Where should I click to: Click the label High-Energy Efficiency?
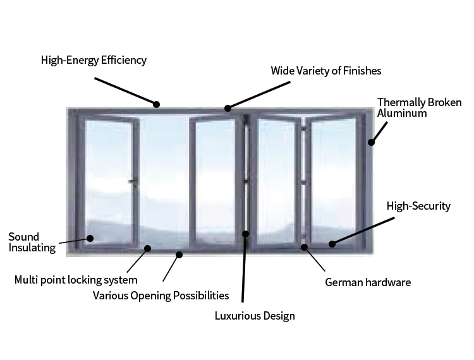94,61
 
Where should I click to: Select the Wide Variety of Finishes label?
326,70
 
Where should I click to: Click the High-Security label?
418,206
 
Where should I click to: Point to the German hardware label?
368,282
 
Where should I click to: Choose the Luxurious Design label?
255,316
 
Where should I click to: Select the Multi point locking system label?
76,280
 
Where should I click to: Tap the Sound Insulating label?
32,243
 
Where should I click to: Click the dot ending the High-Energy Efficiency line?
157,104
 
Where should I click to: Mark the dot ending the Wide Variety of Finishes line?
228,108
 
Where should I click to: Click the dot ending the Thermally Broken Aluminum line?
372,142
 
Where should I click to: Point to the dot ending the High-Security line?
332,243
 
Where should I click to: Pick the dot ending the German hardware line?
305,248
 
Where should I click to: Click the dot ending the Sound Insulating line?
90,238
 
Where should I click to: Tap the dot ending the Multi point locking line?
148,248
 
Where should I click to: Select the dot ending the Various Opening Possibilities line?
179,255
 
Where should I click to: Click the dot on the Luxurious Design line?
246,234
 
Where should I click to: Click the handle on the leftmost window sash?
131,182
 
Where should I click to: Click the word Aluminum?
402,114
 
